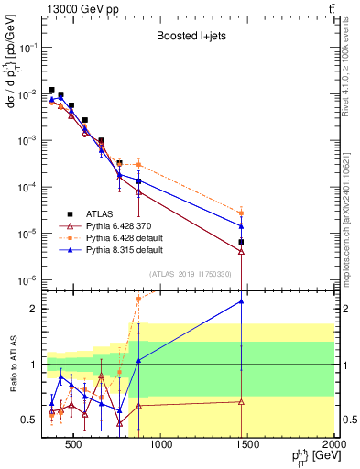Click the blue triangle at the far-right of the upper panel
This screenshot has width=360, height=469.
point(241,225)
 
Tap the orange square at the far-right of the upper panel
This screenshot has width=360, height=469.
point(241,213)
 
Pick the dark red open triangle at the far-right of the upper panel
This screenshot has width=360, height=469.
point(241,251)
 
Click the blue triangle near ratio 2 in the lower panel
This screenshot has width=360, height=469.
point(241,301)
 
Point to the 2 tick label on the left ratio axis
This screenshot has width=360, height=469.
point(35,309)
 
